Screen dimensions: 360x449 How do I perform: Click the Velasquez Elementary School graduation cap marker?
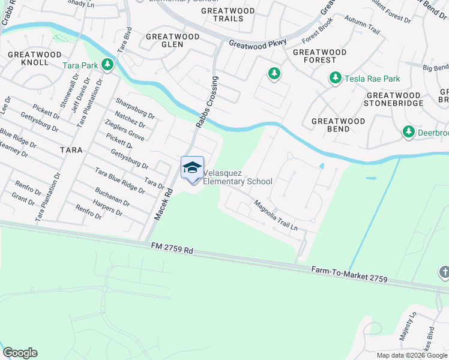point(192,167)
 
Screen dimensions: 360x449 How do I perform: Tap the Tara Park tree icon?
point(108,64)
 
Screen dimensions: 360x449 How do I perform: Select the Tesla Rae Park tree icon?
point(335,78)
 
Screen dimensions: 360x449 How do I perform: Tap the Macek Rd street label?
point(162,204)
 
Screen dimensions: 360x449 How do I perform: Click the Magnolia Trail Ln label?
point(276,215)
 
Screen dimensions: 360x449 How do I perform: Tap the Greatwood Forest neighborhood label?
point(319,56)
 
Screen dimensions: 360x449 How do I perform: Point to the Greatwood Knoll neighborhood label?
point(28,58)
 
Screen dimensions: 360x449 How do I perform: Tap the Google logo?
point(20,353)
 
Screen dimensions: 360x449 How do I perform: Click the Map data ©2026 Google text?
point(412,355)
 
